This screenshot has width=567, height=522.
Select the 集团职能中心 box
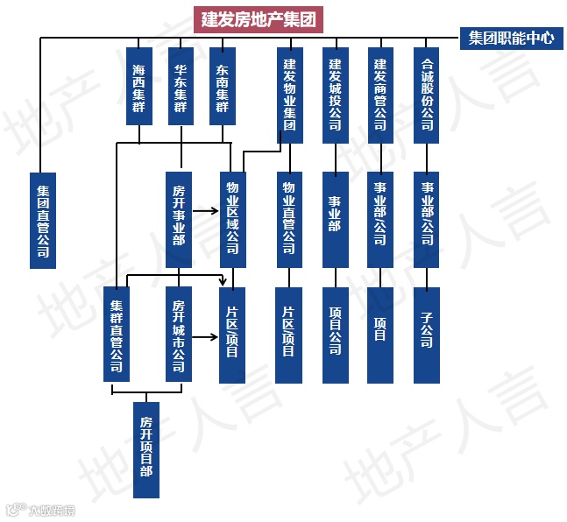tap(511, 39)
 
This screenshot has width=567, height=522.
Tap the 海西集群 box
tap(138, 87)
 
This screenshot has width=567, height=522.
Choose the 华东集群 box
tap(180, 87)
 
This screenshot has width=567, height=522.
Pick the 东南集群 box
tap(222, 87)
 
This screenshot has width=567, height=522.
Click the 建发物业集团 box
tap(290, 95)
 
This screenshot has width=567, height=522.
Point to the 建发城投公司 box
tap(336, 95)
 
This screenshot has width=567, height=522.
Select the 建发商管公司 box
tap(380, 95)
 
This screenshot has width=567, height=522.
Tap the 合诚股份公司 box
tap(427, 95)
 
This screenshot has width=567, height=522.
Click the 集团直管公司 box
tap(42, 219)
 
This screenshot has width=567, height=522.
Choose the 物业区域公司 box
tap(232, 219)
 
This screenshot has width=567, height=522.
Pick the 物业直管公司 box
tap(289, 219)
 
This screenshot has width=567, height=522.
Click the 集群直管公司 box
tap(116, 334)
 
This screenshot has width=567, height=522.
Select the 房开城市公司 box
tap(179, 334)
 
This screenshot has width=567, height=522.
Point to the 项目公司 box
tap(336, 334)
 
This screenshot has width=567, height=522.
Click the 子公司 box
tap(427, 334)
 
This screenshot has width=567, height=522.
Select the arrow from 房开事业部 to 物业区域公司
tap(205, 211)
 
